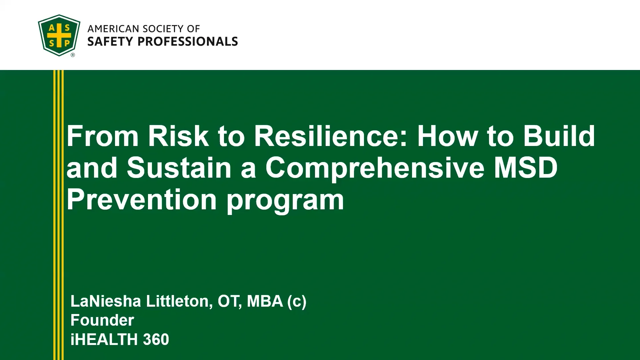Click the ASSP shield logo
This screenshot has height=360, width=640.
[x=59, y=35]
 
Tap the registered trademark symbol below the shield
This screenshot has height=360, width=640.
[x=73, y=55]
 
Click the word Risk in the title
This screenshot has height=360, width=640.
[x=178, y=136]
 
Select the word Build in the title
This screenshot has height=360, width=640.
[x=559, y=136]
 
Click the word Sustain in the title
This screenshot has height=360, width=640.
[x=179, y=168]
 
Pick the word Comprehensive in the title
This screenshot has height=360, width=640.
[x=375, y=168]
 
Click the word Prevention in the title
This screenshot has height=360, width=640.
[x=142, y=199]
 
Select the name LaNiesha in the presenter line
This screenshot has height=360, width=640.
[x=106, y=301]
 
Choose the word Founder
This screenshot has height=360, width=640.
[x=102, y=320]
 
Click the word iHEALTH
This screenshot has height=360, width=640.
[x=104, y=339]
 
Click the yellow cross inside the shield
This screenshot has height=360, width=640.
[x=59, y=35]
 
